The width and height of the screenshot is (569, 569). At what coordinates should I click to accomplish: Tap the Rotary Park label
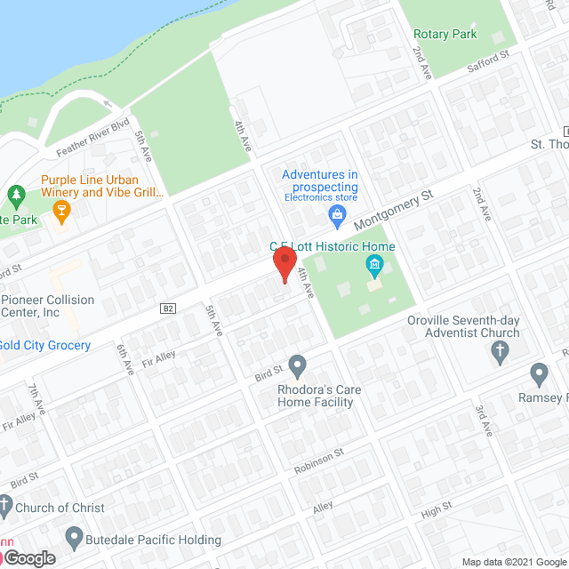445,35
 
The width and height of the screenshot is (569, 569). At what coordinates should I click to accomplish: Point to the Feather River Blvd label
93,136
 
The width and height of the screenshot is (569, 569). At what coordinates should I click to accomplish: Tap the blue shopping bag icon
337,213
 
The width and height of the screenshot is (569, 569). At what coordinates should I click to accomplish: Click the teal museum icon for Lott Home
374,265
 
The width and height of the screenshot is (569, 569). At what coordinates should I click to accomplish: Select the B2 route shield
168,309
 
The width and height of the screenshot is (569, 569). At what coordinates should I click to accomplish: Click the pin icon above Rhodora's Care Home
298,364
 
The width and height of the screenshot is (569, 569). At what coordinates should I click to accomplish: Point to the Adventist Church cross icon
499,353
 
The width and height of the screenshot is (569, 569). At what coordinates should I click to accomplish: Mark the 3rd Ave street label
483,418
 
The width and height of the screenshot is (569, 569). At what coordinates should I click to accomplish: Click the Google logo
28,557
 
